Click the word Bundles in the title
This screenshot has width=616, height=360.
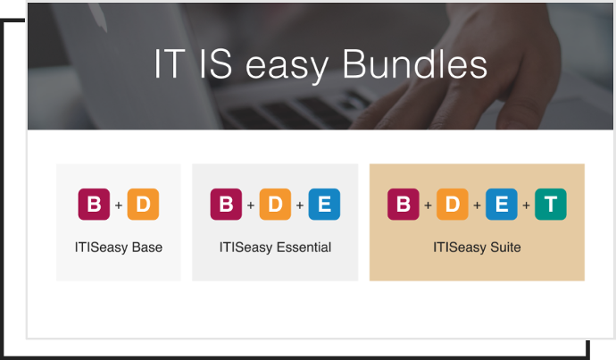coord(415,64)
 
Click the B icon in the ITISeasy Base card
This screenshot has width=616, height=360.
coord(94,205)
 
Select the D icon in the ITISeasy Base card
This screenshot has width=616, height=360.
coord(143,205)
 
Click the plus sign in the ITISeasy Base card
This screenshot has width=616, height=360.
coord(119,205)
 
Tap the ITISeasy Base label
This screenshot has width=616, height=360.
coord(119,247)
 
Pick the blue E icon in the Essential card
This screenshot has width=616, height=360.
coord(324,205)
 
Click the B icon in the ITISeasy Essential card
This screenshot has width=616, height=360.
coord(226,205)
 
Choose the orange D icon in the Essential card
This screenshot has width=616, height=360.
coord(275,205)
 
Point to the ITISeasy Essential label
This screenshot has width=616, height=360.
coord(275,247)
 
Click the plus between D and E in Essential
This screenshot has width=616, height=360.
coord(300,205)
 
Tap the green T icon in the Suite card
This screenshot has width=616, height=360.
coord(551,205)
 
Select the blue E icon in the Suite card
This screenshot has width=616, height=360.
coord(502,205)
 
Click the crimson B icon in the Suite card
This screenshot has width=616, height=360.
coord(403,205)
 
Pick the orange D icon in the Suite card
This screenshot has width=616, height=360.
coord(452,205)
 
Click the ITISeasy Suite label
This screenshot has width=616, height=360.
coord(477,247)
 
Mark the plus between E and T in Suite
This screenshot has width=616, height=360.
coord(526,205)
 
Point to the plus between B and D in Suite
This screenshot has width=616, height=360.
coord(428,205)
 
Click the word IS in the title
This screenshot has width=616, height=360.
coord(215,64)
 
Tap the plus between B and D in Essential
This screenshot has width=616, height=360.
coord(251,205)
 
